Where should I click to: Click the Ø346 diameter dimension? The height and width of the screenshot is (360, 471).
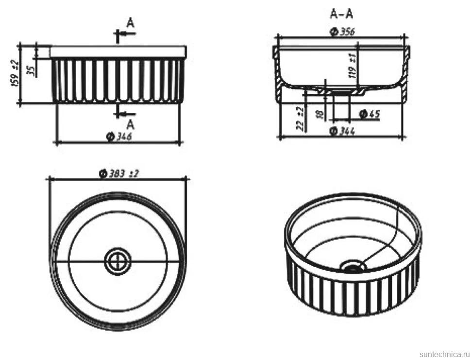click(x=119, y=137)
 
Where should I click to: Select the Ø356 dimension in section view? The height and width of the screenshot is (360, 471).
click(x=342, y=32)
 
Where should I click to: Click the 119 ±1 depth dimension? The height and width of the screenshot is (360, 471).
click(x=353, y=65)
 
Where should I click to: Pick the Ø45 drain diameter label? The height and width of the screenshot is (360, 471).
click(x=370, y=114)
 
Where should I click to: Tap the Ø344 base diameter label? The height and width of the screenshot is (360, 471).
click(x=342, y=131)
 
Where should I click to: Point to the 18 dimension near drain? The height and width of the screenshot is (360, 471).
click(x=320, y=114)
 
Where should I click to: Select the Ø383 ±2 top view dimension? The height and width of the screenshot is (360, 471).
click(x=119, y=174)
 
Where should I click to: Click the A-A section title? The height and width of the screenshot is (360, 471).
click(x=341, y=14)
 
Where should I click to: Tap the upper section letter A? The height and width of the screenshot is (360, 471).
click(x=130, y=23)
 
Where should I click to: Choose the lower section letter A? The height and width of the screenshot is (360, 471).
click(x=130, y=124)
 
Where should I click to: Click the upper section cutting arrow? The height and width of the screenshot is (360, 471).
click(x=125, y=34)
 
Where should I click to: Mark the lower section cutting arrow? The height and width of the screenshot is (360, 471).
click(x=125, y=114)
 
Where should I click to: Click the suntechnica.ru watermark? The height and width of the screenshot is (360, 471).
click(x=444, y=354)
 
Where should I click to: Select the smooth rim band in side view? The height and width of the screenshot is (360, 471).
click(x=118, y=51)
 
